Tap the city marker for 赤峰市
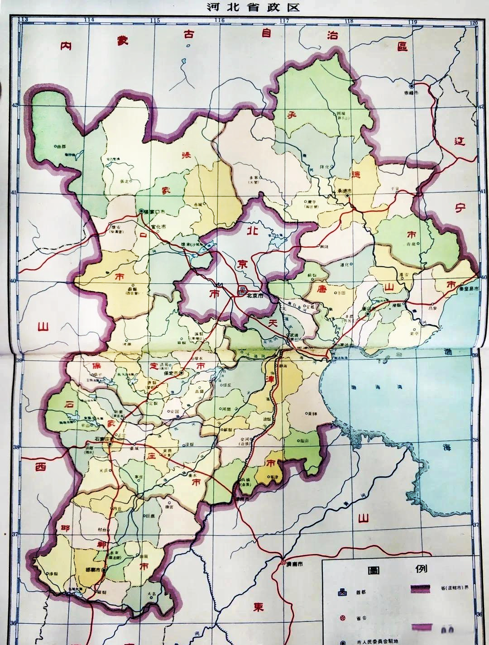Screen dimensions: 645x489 [x=411, y=85]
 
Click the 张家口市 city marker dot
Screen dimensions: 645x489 [x=142, y=211]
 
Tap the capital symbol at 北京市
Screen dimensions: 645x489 [x=242, y=289]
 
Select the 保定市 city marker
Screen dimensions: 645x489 [x=181, y=373]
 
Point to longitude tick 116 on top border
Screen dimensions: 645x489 [x=220, y=20]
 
